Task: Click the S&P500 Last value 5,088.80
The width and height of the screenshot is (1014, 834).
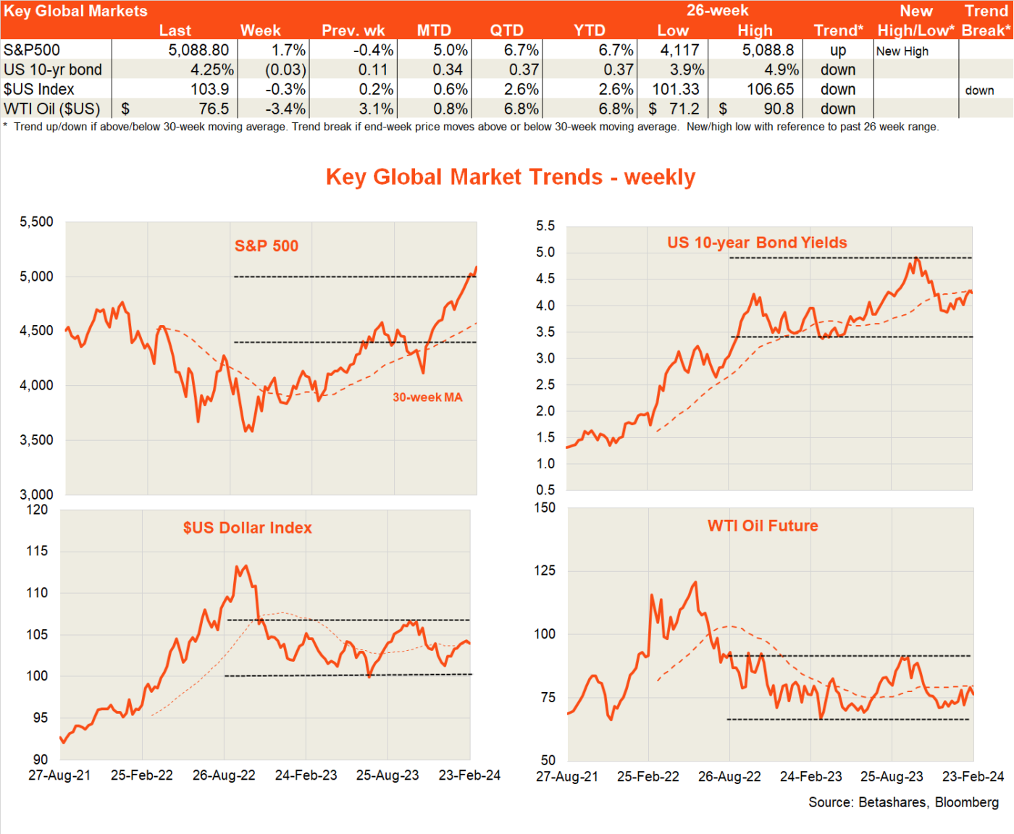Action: click(198, 50)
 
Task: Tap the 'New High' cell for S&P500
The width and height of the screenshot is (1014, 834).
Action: click(902, 51)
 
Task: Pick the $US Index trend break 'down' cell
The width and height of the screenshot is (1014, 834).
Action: click(979, 90)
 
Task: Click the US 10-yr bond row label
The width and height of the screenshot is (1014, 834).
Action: click(53, 69)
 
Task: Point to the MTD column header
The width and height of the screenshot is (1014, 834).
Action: click(434, 30)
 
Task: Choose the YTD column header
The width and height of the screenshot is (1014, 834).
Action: click(589, 30)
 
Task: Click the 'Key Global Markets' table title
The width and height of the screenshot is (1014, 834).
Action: click(75, 11)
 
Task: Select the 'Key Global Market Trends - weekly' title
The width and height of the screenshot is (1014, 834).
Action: click(510, 177)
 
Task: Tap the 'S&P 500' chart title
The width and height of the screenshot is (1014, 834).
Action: click(267, 246)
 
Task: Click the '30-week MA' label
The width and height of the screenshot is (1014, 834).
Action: click(427, 397)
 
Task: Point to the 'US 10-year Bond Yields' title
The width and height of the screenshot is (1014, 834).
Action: click(757, 243)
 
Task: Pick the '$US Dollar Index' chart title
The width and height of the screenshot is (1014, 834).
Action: click(247, 528)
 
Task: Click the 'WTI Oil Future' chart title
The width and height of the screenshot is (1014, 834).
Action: click(763, 526)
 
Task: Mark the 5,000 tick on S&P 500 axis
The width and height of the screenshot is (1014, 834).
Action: click(36, 277)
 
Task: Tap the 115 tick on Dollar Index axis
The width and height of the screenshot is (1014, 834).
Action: click(37, 551)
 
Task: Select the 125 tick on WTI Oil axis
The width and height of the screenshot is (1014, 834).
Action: click(545, 570)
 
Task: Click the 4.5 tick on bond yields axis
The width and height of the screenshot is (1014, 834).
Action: click(545, 279)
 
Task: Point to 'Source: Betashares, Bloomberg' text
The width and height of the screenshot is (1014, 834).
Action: click(903, 802)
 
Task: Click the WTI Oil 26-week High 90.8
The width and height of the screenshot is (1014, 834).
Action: click(779, 109)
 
